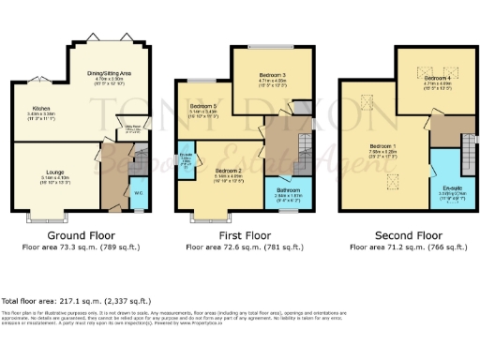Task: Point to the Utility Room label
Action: (x=134, y=133)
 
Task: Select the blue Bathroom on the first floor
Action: (x=287, y=191)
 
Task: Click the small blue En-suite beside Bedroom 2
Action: (x=187, y=160)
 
